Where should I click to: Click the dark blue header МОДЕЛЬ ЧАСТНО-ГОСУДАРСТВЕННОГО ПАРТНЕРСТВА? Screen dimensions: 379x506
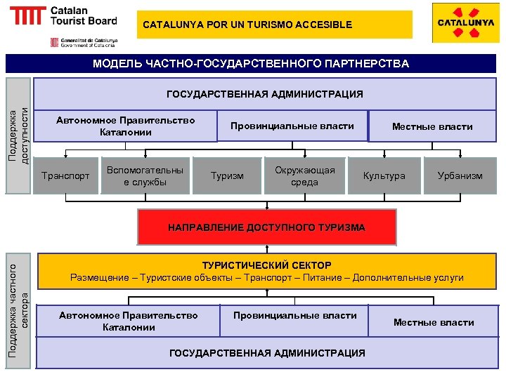coord(251,64)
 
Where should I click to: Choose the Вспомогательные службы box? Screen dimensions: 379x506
coord(145,176)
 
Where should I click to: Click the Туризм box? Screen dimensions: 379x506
coord(228,175)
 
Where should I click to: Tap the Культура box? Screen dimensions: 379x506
coord(384,175)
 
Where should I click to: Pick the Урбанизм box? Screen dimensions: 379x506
coord(460,175)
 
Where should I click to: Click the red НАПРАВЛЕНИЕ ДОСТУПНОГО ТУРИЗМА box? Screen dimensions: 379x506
coord(266,227)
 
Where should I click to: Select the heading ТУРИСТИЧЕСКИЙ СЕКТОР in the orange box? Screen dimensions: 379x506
coord(266,265)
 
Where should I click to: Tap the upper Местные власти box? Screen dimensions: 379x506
coord(432,127)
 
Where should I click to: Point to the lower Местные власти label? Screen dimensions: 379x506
coord(434,323)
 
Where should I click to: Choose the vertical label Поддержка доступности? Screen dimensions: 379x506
coord(18,135)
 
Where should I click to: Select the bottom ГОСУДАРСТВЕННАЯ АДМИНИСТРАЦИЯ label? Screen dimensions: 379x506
coord(267,353)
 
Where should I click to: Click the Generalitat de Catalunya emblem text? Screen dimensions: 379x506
coord(83,43)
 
